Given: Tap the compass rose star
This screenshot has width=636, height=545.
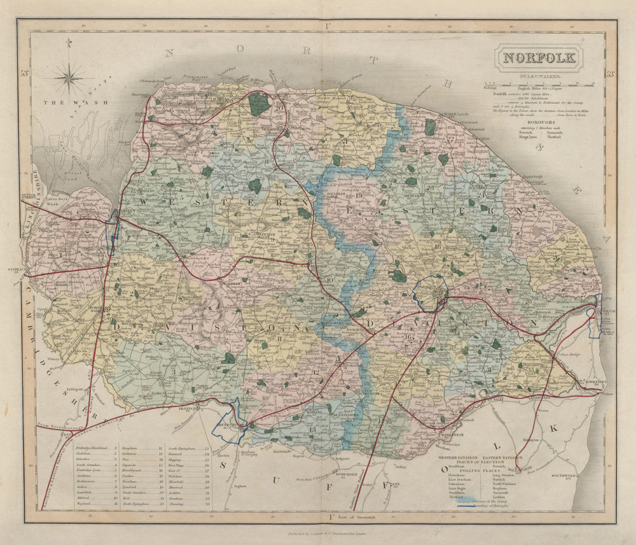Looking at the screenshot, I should coord(69,78).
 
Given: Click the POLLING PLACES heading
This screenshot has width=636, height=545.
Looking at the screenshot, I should coord(478,470).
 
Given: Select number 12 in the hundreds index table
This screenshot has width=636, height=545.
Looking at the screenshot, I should coord(161,448).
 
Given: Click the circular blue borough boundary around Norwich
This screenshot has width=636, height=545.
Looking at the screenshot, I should coord(431,293).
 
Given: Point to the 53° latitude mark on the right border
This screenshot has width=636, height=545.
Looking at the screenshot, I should coord(610,74).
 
